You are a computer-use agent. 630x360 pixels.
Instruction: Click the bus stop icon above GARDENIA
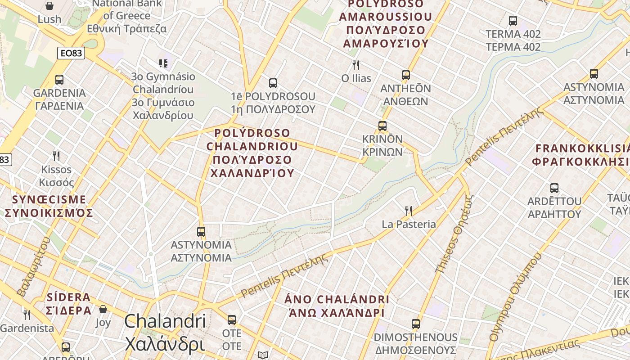coord(59,80)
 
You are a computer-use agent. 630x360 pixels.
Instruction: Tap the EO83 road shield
coord(71,53)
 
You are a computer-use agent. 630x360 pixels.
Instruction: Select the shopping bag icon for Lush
coord(49,6)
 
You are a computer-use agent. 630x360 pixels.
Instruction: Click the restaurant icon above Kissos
coord(56,156)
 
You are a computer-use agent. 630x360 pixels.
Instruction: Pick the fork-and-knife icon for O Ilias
coord(356,65)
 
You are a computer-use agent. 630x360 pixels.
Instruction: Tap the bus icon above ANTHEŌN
coord(405,75)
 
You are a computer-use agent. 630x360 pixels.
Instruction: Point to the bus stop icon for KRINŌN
coord(382,126)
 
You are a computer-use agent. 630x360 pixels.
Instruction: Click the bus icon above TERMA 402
coord(513,21)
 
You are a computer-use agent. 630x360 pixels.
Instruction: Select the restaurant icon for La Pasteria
coord(409,211)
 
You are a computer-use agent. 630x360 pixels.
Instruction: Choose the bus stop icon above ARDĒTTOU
coord(554,188)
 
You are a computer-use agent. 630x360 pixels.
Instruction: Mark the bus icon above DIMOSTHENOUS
coord(415,324)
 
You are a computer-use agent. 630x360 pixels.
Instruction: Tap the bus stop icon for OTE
coord(232,320)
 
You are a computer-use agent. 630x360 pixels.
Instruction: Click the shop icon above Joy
coord(103,309)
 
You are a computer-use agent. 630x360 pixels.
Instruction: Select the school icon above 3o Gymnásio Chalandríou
coord(163,63)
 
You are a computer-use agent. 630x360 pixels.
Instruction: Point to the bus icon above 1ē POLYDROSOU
coord(273,83)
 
